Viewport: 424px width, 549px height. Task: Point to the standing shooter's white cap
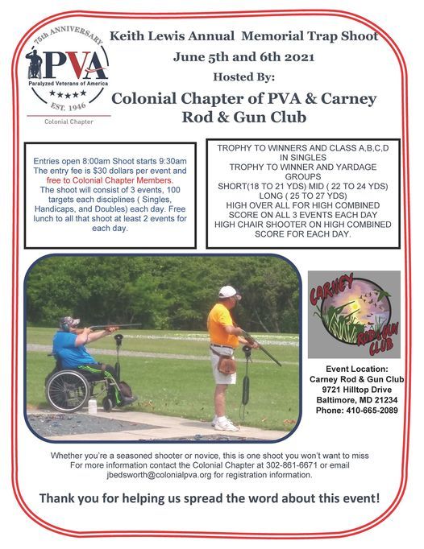[x=229, y=292]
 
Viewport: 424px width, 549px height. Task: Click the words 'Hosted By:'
[x=243, y=77]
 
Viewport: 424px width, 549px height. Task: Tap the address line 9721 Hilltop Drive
[x=353, y=390]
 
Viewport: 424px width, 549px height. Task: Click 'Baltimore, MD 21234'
[x=353, y=400]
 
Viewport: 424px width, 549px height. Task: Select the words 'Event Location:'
[x=354, y=368]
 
